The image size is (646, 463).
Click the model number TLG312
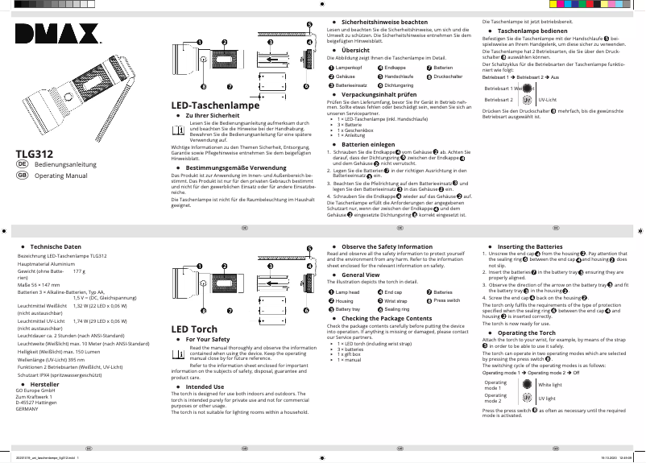point(35,153)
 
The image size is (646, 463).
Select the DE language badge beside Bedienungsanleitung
point(22,163)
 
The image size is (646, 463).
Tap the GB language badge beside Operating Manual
point(22,174)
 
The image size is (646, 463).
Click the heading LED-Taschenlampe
point(215,105)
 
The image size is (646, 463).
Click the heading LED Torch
point(194,329)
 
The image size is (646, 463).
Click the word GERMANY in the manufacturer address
point(27,409)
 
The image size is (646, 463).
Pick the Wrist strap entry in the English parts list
point(395,300)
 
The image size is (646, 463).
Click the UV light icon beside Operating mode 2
point(526,397)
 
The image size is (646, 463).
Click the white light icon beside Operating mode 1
point(526,385)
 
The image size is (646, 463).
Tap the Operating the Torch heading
point(527,333)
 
